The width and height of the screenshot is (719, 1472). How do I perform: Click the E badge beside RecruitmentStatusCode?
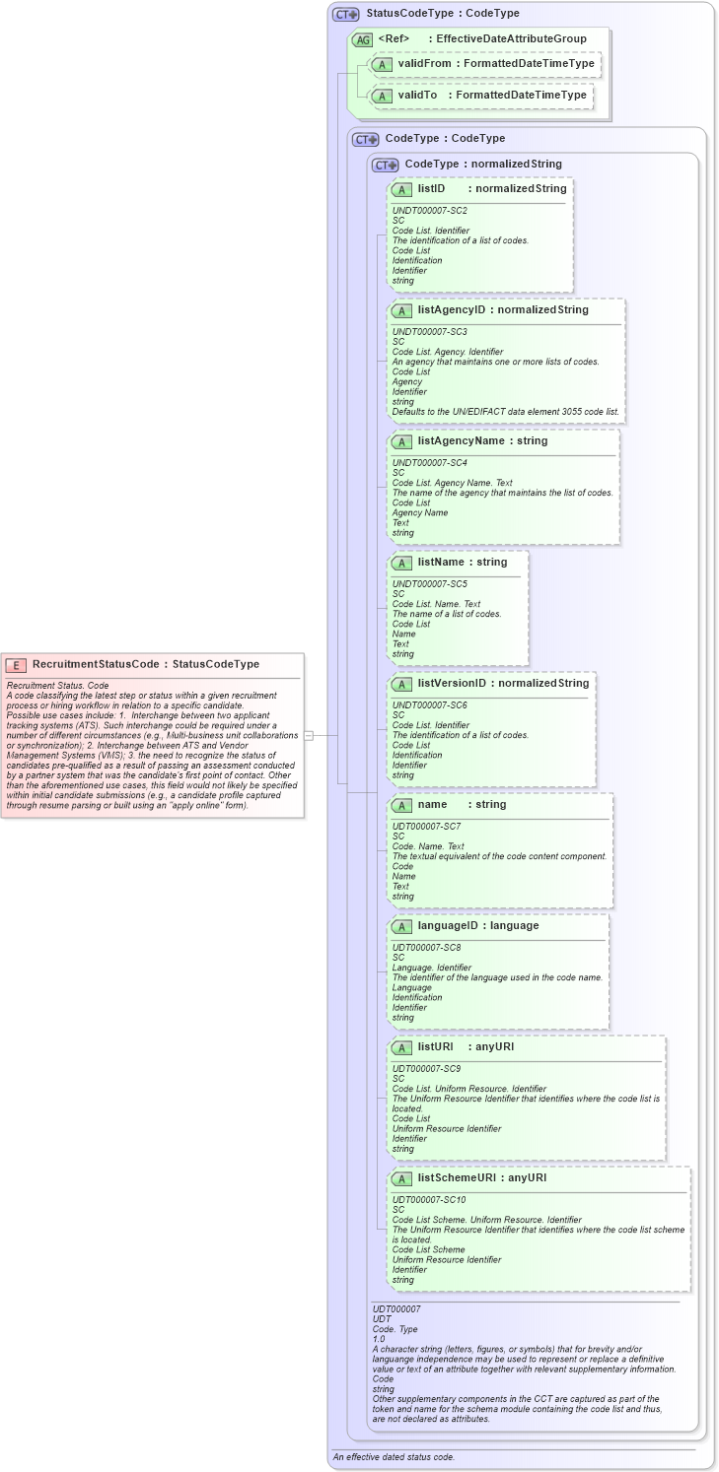coord(17,664)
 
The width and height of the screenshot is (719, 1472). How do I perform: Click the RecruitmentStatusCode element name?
coord(95,664)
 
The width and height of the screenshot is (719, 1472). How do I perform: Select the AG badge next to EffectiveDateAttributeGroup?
coord(363,39)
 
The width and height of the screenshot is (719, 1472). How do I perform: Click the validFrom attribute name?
coord(424,64)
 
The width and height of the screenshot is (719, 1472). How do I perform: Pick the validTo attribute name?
coord(417,96)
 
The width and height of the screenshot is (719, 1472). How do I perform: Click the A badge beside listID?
coord(401,189)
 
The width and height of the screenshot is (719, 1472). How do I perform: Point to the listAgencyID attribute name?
coord(452,310)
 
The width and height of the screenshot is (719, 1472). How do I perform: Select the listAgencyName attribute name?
coord(460,441)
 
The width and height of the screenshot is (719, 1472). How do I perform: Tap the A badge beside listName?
coord(401,563)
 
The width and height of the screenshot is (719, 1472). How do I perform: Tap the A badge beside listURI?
coord(401,1047)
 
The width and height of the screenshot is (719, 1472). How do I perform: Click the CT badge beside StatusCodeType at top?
coord(345,14)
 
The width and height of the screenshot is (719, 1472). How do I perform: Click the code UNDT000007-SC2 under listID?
coord(429,211)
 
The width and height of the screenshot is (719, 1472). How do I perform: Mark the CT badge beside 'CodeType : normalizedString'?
coord(385,165)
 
